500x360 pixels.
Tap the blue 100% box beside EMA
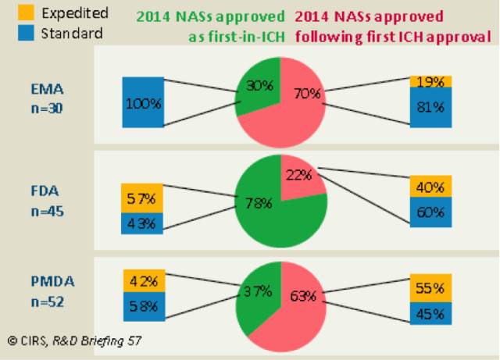point(144,102)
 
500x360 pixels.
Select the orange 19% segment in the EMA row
point(430,81)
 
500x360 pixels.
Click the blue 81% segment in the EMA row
point(430,107)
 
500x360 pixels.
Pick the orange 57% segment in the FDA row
point(142,198)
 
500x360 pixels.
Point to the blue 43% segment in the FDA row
point(142,223)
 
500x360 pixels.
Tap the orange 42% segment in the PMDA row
point(144,279)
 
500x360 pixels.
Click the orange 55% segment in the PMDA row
point(430,287)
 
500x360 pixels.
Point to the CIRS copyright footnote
point(75,340)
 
